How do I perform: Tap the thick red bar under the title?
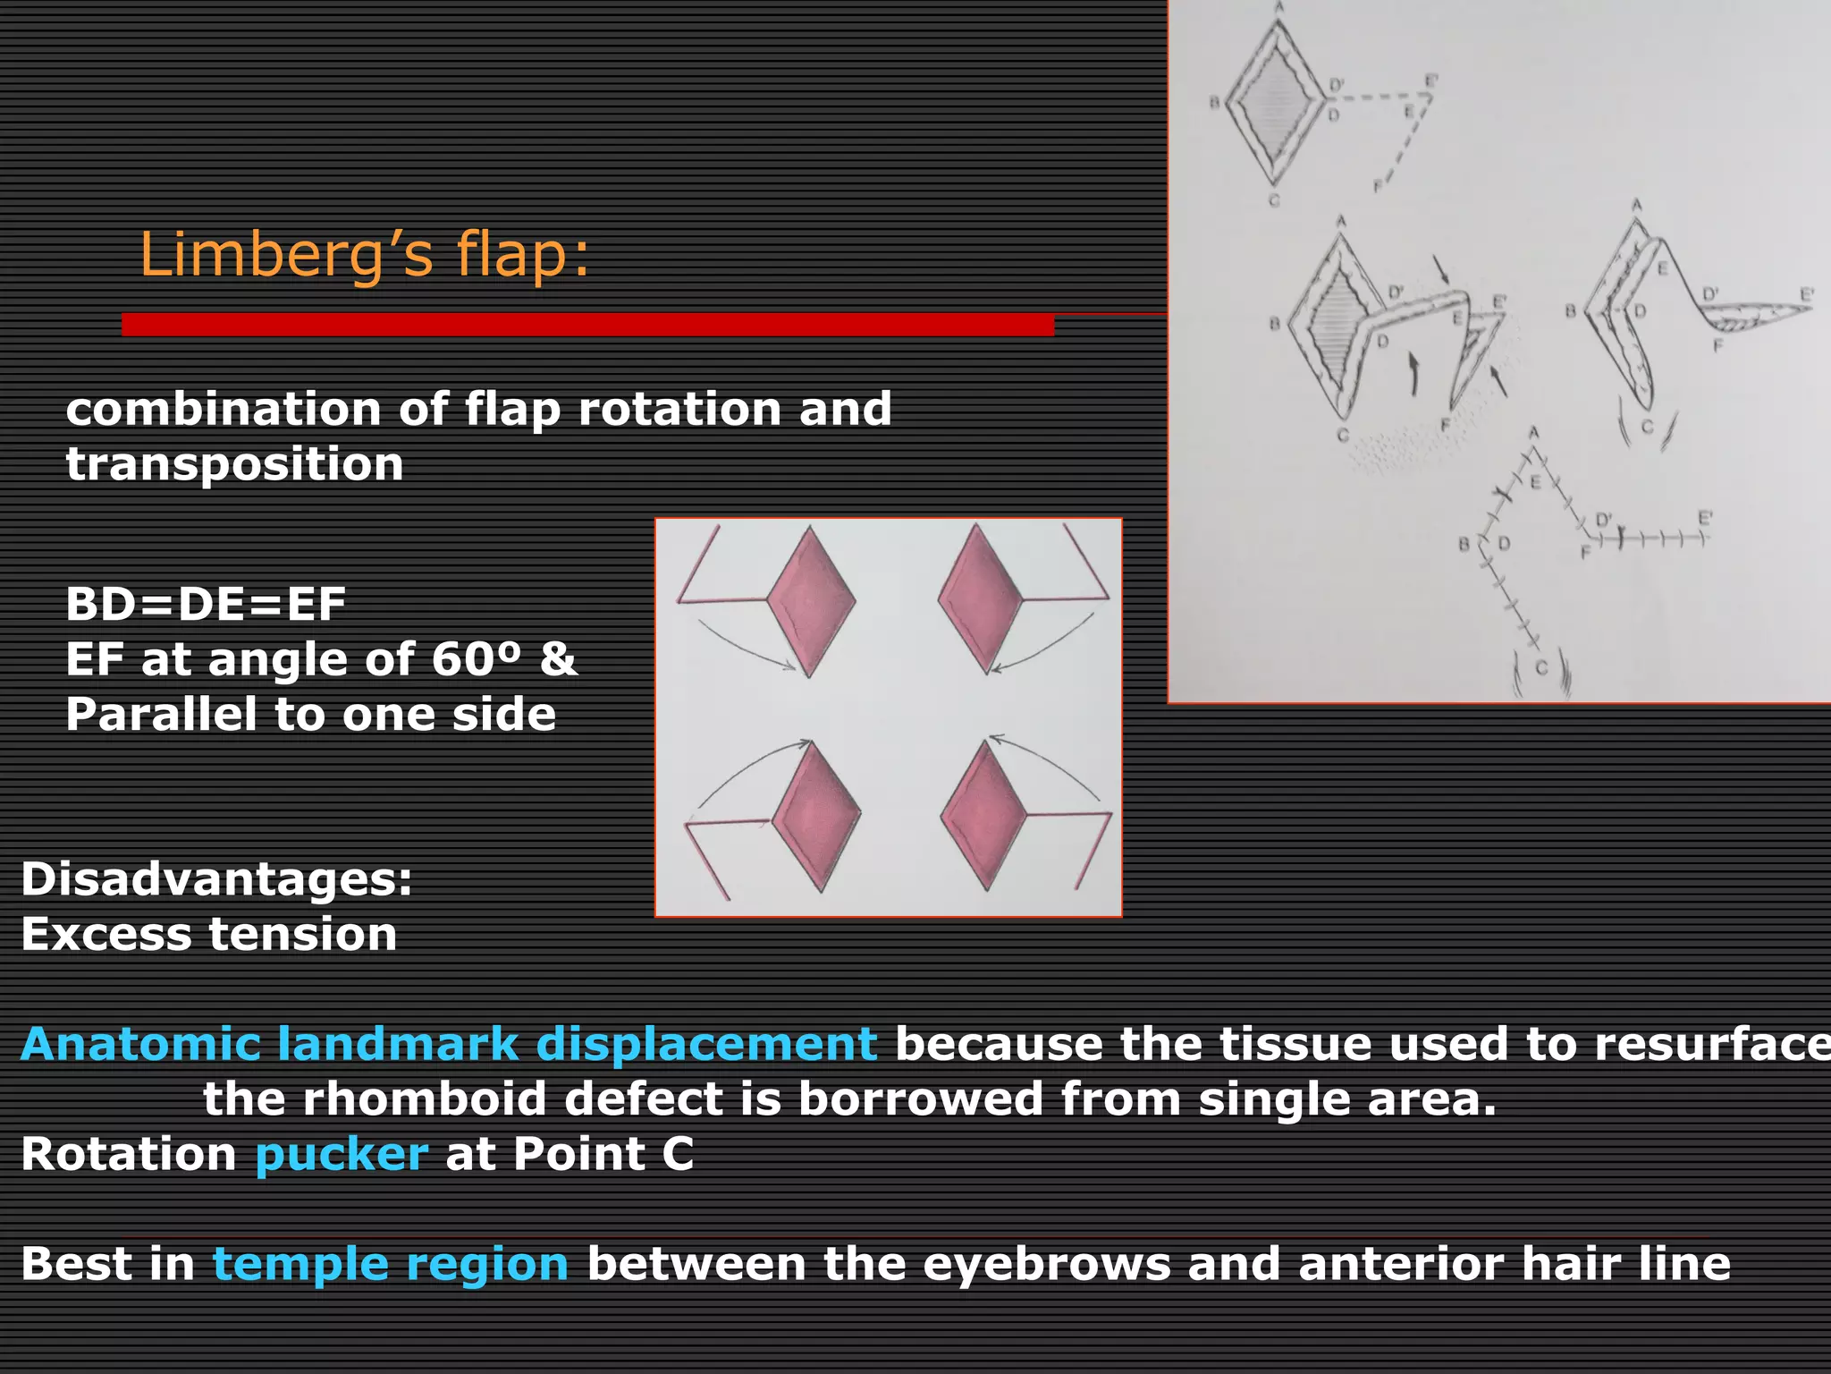pyautogui.click(x=587, y=325)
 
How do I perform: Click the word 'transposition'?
pyautogui.click(x=234, y=464)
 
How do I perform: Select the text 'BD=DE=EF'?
pyautogui.click(x=205, y=604)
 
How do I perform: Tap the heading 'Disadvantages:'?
pyautogui.click(x=216, y=878)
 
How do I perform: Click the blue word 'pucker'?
pyautogui.click(x=342, y=1154)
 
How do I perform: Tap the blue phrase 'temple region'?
pyautogui.click(x=390, y=1264)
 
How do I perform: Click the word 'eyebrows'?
pyautogui.click(x=1046, y=1264)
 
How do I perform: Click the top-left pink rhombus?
pyautogui.click(x=810, y=601)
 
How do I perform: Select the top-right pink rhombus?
pyautogui.click(x=980, y=598)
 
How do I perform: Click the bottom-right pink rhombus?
pyautogui.click(x=984, y=815)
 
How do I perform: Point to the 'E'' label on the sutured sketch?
pyautogui.click(x=1704, y=518)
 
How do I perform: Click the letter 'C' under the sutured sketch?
pyautogui.click(x=1540, y=668)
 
